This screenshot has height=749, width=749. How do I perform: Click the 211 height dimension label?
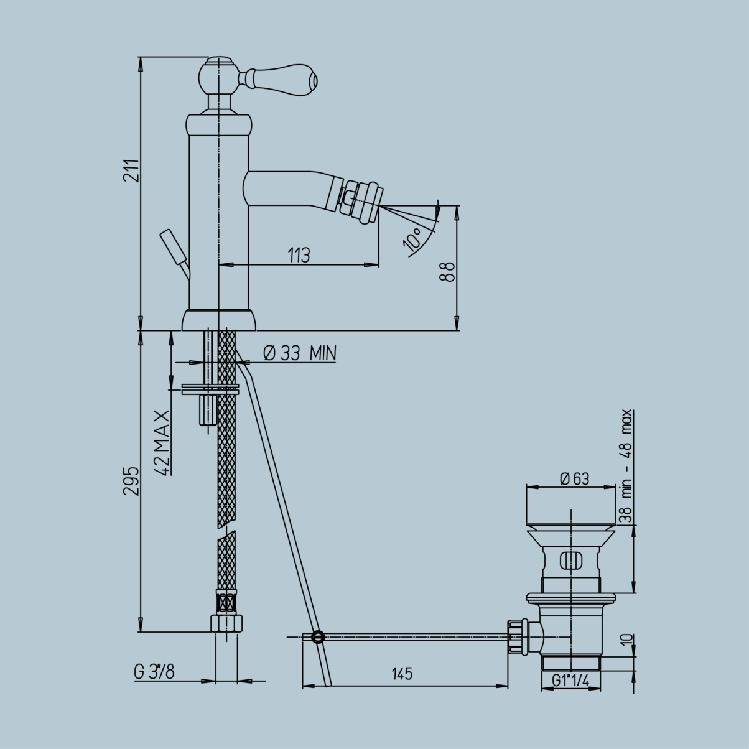[130, 170]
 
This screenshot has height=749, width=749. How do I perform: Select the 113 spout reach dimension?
[299, 255]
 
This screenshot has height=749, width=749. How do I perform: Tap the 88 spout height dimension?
[447, 272]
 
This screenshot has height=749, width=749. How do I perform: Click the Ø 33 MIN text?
[299, 354]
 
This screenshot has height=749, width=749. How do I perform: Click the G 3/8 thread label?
[154, 672]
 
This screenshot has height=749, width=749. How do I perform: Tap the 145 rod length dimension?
[402, 674]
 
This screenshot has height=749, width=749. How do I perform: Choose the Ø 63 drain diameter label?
[574, 478]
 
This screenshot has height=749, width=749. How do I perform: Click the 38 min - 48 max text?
[626, 465]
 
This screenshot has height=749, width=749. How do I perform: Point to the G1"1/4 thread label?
[570, 681]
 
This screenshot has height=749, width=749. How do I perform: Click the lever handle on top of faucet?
[287, 78]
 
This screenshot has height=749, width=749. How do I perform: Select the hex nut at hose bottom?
[226, 623]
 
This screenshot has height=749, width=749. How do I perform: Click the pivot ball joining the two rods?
[318, 636]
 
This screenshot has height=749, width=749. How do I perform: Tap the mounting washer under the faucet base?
[210, 390]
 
